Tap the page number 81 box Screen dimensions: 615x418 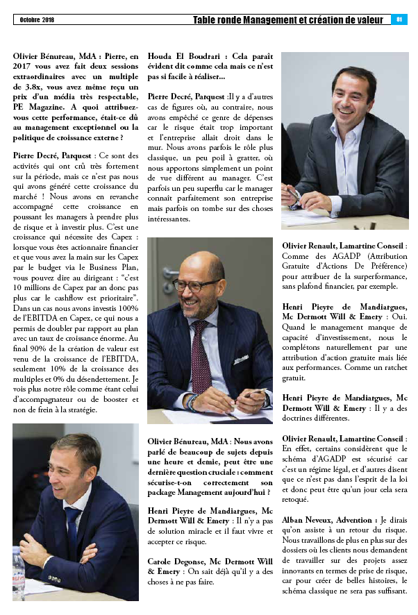click(x=400, y=19)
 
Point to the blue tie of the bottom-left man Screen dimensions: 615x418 click(x=73, y=527)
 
